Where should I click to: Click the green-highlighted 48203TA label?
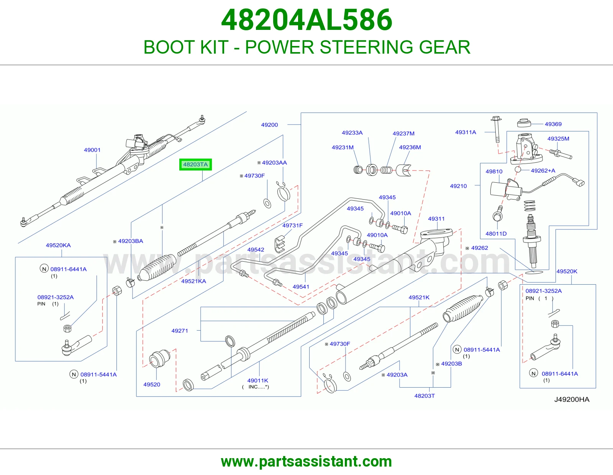coord(195,164)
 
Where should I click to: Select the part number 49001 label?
coord(92,150)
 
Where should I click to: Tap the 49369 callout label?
coord(553,124)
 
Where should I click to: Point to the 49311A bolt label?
coord(465,132)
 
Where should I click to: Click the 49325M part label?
coord(558,139)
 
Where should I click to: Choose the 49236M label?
coord(410,147)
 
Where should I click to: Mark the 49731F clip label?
coord(293,225)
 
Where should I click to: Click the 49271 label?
coord(180,331)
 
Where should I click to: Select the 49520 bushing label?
coord(152,385)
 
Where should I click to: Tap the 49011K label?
coord(258,380)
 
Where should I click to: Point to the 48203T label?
coord(425,396)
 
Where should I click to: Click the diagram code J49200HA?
coord(572,400)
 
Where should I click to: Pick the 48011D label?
coord(496,234)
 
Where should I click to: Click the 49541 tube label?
coord(301,287)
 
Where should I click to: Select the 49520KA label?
coord(58,245)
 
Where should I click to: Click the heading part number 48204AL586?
coord(306,20)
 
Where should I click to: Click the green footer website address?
coord(306,462)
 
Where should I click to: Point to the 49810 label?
coord(494,172)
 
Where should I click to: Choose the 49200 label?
coord(269,124)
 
